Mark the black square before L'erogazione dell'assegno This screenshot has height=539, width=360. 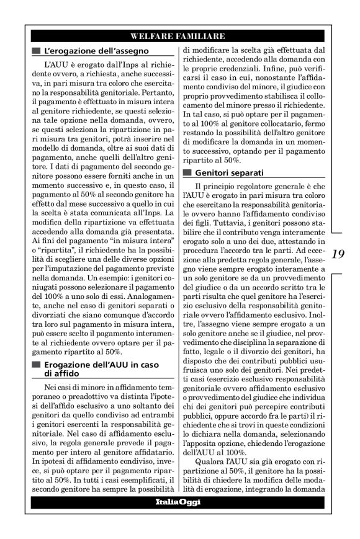pos(37,50)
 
